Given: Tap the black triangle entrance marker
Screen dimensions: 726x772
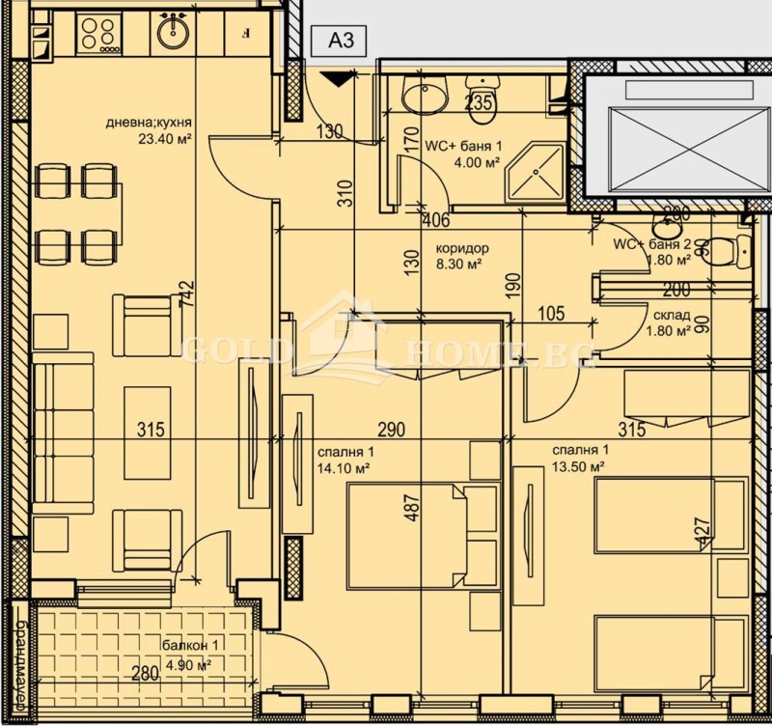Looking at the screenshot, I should point(335,80).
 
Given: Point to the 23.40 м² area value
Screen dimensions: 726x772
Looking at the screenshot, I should point(165,138).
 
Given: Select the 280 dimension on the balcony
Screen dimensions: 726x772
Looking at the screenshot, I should point(145,674).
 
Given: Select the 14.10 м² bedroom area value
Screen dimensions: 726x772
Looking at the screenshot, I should point(344,468).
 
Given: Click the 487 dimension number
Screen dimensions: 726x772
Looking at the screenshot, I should point(413,510).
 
